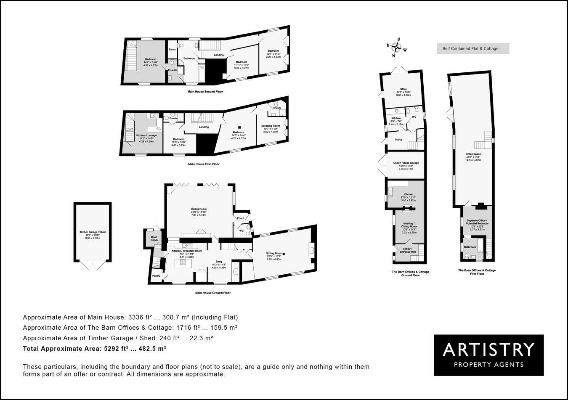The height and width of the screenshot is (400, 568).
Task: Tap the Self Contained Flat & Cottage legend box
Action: (x=472, y=48)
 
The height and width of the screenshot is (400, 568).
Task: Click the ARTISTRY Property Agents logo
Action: (x=488, y=355)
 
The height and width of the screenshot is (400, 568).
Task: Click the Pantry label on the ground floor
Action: (x=157, y=276)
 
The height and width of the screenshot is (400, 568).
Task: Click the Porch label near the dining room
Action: (x=241, y=218)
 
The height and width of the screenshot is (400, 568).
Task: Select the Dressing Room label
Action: (x=271, y=126)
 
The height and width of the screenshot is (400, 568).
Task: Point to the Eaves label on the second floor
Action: (x=172, y=49)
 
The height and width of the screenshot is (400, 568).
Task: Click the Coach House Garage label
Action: (x=406, y=163)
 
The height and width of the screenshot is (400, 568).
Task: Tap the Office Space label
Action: (x=473, y=154)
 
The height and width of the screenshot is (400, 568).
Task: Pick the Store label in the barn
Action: (x=403, y=89)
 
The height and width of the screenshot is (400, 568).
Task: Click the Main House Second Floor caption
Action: (x=206, y=91)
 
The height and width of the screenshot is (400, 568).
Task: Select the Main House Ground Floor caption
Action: (x=213, y=293)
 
